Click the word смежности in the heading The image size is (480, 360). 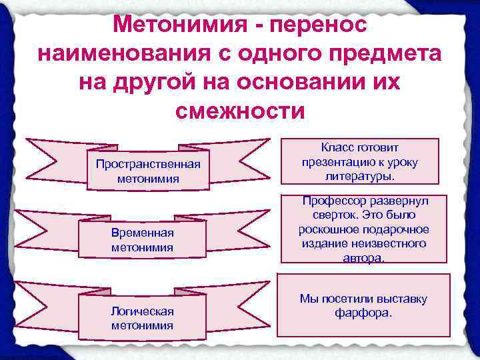239,110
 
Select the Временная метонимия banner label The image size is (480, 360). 142,239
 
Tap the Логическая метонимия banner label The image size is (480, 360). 142,318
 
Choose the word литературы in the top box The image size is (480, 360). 359,177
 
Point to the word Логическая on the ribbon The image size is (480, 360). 142,311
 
